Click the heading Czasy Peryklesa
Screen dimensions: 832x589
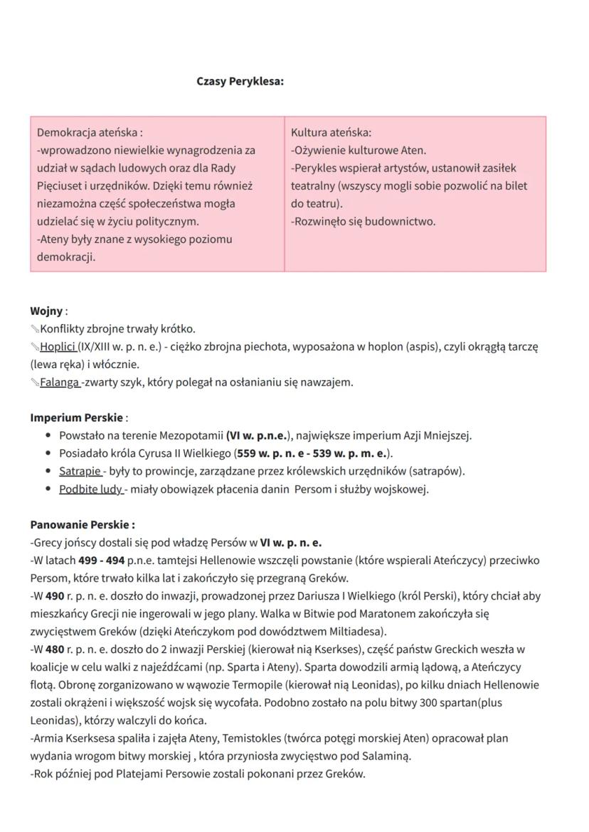pyautogui.click(x=240, y=81)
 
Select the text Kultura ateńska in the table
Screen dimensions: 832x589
pyautogui.click(x=331, y=132)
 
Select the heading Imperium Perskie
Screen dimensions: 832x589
pyautogui.click(x=77, y=417)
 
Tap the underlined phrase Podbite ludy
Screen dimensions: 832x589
pyautogui.click(x=90, y=489)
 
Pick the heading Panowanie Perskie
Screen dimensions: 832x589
pyautogui.click(x=82, y=524)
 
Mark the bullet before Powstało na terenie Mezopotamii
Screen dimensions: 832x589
pyautogui.click(x=48, y=436)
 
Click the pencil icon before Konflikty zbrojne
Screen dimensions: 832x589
pyautogui.click(x=35, y=329)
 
